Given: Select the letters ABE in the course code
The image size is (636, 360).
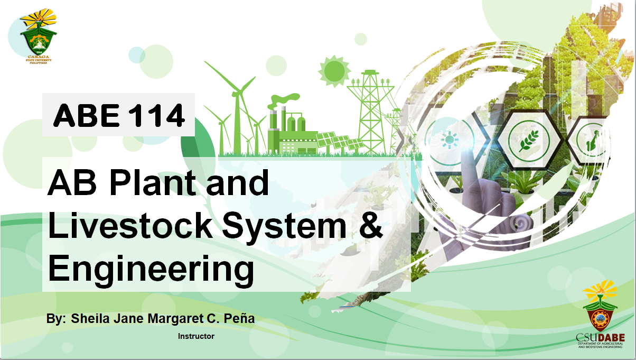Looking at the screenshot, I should coord(87,115).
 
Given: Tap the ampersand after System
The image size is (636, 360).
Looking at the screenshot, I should coord(371,226).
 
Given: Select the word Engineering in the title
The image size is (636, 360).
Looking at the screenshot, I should coord(151,269).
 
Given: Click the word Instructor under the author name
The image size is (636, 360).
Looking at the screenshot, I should coord(196,336).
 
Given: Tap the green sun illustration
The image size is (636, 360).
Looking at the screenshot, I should coord(334,70).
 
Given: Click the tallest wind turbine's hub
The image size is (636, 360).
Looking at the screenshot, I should coord(238,93).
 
